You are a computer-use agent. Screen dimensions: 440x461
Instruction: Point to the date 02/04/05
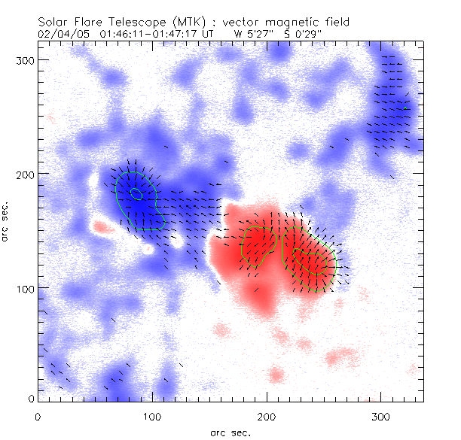(58, 34)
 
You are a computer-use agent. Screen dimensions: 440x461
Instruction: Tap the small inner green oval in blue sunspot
(136, 193)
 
